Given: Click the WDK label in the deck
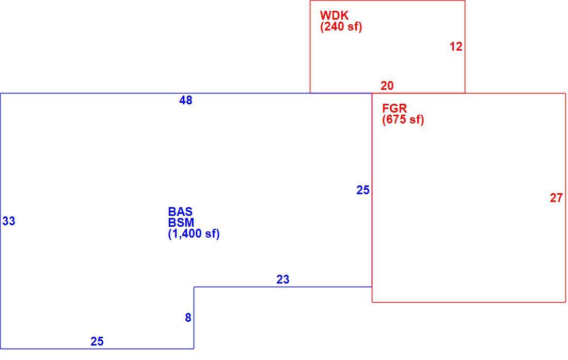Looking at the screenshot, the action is [334, 15].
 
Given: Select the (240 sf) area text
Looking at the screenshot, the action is [341, 27].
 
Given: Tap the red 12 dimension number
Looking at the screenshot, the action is [456, 46].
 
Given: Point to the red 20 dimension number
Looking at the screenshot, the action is [387, 86].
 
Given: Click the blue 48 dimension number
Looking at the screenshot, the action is [186, 100].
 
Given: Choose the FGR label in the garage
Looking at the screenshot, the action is [395, 108].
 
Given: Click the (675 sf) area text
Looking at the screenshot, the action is [403, 119].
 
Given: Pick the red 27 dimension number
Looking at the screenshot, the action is [556, 198].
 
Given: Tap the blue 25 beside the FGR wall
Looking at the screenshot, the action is [362, 190].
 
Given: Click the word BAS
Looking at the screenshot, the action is [180, 212].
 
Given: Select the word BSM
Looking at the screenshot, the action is [181, 223].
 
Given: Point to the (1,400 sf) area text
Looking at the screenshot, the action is [194, 234].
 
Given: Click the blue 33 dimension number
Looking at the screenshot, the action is [9, 221].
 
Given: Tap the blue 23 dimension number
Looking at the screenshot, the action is [283, 279].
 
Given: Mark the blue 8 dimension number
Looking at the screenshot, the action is [188, 318].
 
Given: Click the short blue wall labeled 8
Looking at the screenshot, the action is [194, 318].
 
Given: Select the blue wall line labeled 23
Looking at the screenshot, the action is [283, 287].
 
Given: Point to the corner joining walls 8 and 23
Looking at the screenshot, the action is [194, 287].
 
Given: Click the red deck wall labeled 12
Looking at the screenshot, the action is [465, 46].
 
